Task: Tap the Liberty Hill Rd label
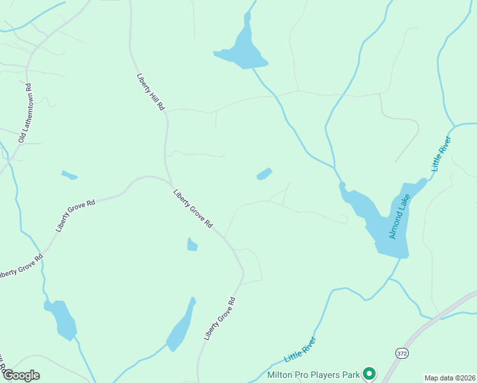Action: point(150,92)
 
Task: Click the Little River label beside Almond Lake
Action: point(441,154)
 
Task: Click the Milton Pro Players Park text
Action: point(314,373)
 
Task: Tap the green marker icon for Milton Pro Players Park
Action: point(369,373)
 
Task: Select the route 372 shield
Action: point(402,353)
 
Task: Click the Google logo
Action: point(21,375)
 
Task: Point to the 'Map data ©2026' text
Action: point(450,378)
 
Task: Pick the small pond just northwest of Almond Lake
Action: point(264,174)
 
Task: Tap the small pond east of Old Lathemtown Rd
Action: point(69,174)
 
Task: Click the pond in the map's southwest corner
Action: point(62,319)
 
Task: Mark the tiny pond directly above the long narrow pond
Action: point(192,244)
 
